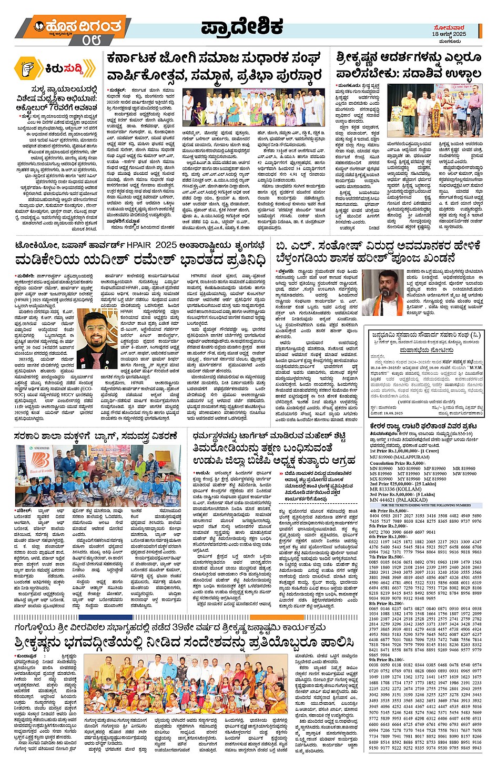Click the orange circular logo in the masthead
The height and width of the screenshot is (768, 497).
tap(39, 25)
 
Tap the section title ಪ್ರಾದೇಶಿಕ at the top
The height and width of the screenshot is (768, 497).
tap(241, 27)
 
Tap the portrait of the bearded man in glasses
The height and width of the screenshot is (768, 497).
tap(95, 336)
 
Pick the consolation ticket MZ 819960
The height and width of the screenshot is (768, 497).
tap(435, 479)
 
